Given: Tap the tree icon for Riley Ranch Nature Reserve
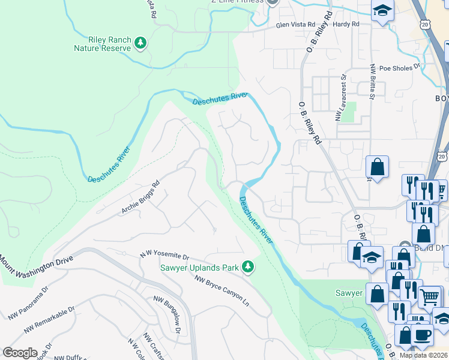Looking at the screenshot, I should pyautogui.click(x=140, y=43).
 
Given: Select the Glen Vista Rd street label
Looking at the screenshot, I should pyautogui.click(x=295, y=25).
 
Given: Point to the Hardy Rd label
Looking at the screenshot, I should pyautogui.click(x=346, y=25).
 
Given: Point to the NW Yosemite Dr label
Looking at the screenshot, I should pyautogui.click(x=164, y=256).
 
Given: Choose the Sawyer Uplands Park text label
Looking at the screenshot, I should pyautogui.click(x=200, y=266).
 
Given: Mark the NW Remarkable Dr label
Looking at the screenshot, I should pyautogui.click(x=50, y=320).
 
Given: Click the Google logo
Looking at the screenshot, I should pyautogui.click(x=20, y=353).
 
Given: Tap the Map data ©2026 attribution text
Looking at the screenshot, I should pyautogui.click(x=424, y=355).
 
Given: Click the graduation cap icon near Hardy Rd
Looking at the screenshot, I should pyautogui.click(x=381, y=11).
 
